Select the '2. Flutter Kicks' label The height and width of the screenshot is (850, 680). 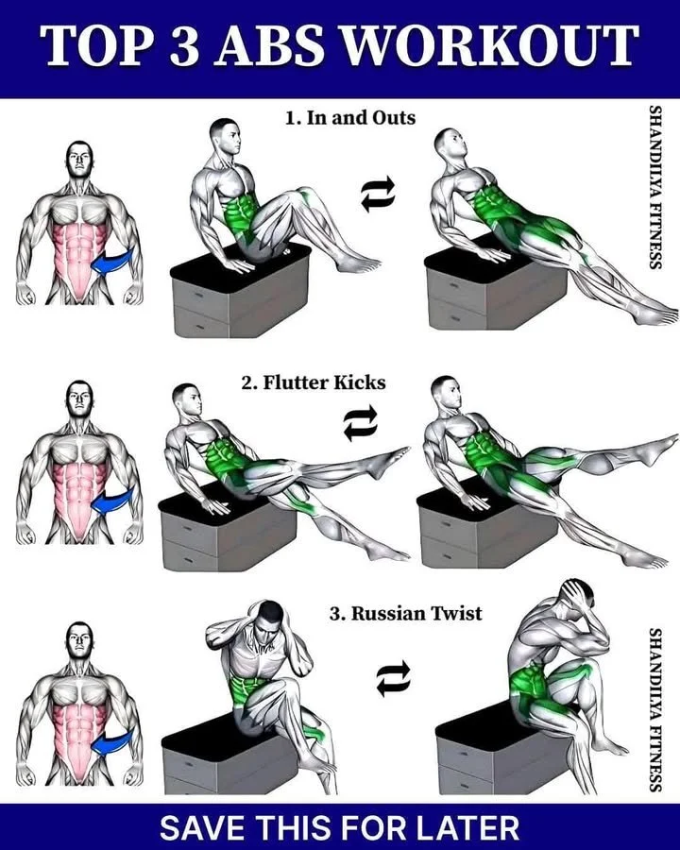[313, 383]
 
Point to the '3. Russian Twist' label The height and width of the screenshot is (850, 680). [405, 613]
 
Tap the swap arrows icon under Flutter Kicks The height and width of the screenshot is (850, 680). [360, 422]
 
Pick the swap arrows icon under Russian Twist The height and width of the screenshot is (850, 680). [393, 676]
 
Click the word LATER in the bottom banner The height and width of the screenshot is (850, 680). [467, 827]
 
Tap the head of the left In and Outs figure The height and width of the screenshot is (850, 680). [224, 137]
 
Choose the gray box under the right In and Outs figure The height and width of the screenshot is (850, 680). [472, 293]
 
